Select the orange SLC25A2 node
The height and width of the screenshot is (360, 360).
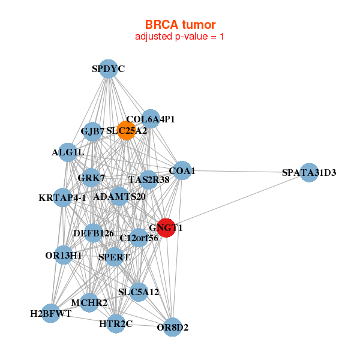pos(126,130)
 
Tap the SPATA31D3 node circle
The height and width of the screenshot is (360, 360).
pos(308,173)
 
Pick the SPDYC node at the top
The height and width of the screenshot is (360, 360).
pos(108,69)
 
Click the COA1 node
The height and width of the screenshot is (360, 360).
pos(182,171)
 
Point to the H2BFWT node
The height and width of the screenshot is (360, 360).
pos(51,313)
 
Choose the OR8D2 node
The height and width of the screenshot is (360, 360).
pos(173,327)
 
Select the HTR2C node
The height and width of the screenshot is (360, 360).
pos(115,324)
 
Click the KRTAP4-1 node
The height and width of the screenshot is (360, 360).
pos(62,197)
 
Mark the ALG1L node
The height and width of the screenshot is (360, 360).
pos(68,152)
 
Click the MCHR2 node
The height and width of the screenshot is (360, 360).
pos(89,302)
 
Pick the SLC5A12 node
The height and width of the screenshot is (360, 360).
pos(139,292)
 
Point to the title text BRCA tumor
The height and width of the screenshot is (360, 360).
pos(180,25)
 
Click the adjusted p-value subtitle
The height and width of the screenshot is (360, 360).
pos(180,37)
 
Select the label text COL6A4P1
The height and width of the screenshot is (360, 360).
pos(151,119)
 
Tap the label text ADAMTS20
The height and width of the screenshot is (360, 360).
pos(120,196)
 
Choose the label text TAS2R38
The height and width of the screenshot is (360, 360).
pos(149,179)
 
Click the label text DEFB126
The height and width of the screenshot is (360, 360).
pos(94,233)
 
